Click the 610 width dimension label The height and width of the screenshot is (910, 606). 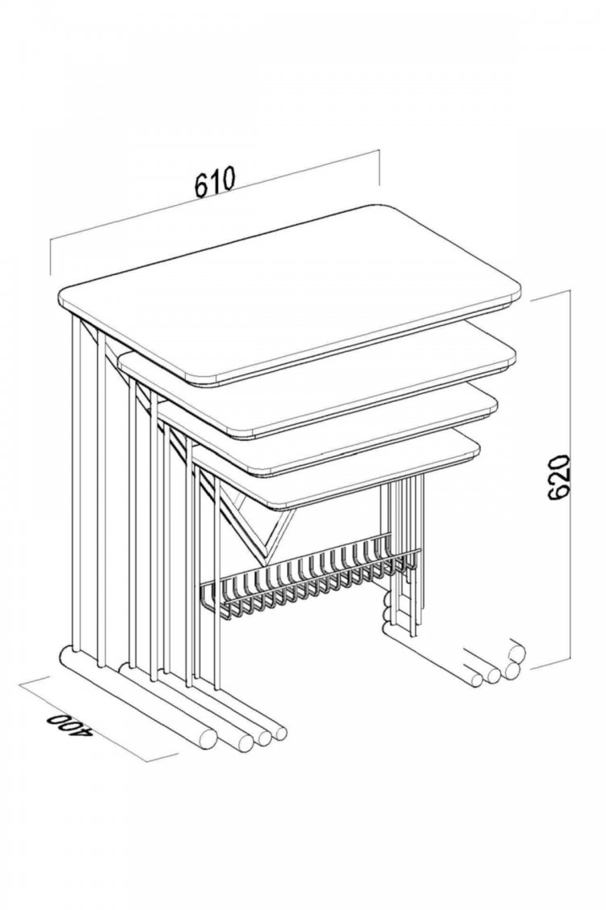click(x=215, y=182)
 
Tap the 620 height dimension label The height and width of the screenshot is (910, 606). click(x=559, y=477)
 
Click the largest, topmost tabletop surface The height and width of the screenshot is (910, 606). click(x=290, y=293)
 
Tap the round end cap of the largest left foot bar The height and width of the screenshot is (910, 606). click(x=207, y=739)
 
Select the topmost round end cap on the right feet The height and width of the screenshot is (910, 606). click(x=516, y=654)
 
